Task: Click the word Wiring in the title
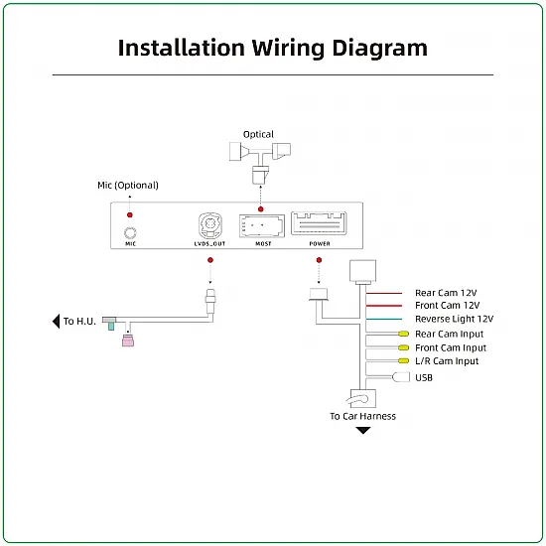[x=288, y=48]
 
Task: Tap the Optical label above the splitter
[x=258, y=134]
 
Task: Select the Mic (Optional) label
[x=128, y=186]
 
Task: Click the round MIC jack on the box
[x=130, y=232]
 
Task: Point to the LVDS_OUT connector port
[x=210, y=225]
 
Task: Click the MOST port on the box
[x=262, y=226]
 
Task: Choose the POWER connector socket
[x=319, y=223]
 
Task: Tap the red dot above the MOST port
[x=260, y=209]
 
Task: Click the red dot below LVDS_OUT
[x=210, y=260]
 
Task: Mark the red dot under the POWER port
[x=319, y=260]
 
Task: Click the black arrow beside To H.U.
[x=56, y=321]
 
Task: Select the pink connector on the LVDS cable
[x=128, y=341]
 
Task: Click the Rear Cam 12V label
[x=446, y=293]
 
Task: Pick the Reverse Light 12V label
[x=454, y=319]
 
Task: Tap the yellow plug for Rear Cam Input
[x=404, y=334]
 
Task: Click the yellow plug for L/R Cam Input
[x=404, y=360]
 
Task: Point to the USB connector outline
[x=401, y=377]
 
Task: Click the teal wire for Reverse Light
[x=384, y=319]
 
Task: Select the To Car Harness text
[x=362, y=416]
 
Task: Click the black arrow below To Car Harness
[x=362, y=431]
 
